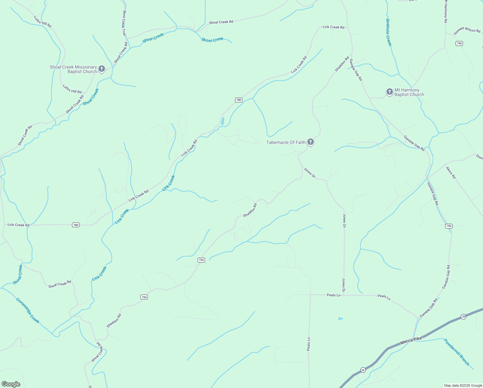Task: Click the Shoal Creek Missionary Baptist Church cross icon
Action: click(x=102, y=69)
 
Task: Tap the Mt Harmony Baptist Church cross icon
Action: click(x=389, y=92)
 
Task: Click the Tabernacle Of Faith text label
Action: click(x=286, y=142)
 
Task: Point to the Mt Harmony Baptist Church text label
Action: click(x=409, y=92)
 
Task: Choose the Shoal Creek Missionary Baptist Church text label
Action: click(x=73, y=70)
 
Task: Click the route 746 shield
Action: click(x=459, y=43)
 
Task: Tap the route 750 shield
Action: click(x=449, y=226)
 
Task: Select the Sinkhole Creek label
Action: click(x=389, y=32)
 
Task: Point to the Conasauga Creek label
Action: click(x=28, y=310)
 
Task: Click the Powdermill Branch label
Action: click(x=457, y=352)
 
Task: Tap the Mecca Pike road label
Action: click(x=411, y=340)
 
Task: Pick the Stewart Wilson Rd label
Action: click(x=467, y=30)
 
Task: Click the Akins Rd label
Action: click(x=451, y=173)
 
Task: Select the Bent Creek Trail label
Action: click(x=124, y=23)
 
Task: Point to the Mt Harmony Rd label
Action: click(x=445, y=11)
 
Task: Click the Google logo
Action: click(x=11, y=384)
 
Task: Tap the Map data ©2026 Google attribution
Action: click(x=463, y=385)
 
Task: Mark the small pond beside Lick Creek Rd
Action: click(x=223, y=121)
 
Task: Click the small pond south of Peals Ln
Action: click(x=340, y=319)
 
